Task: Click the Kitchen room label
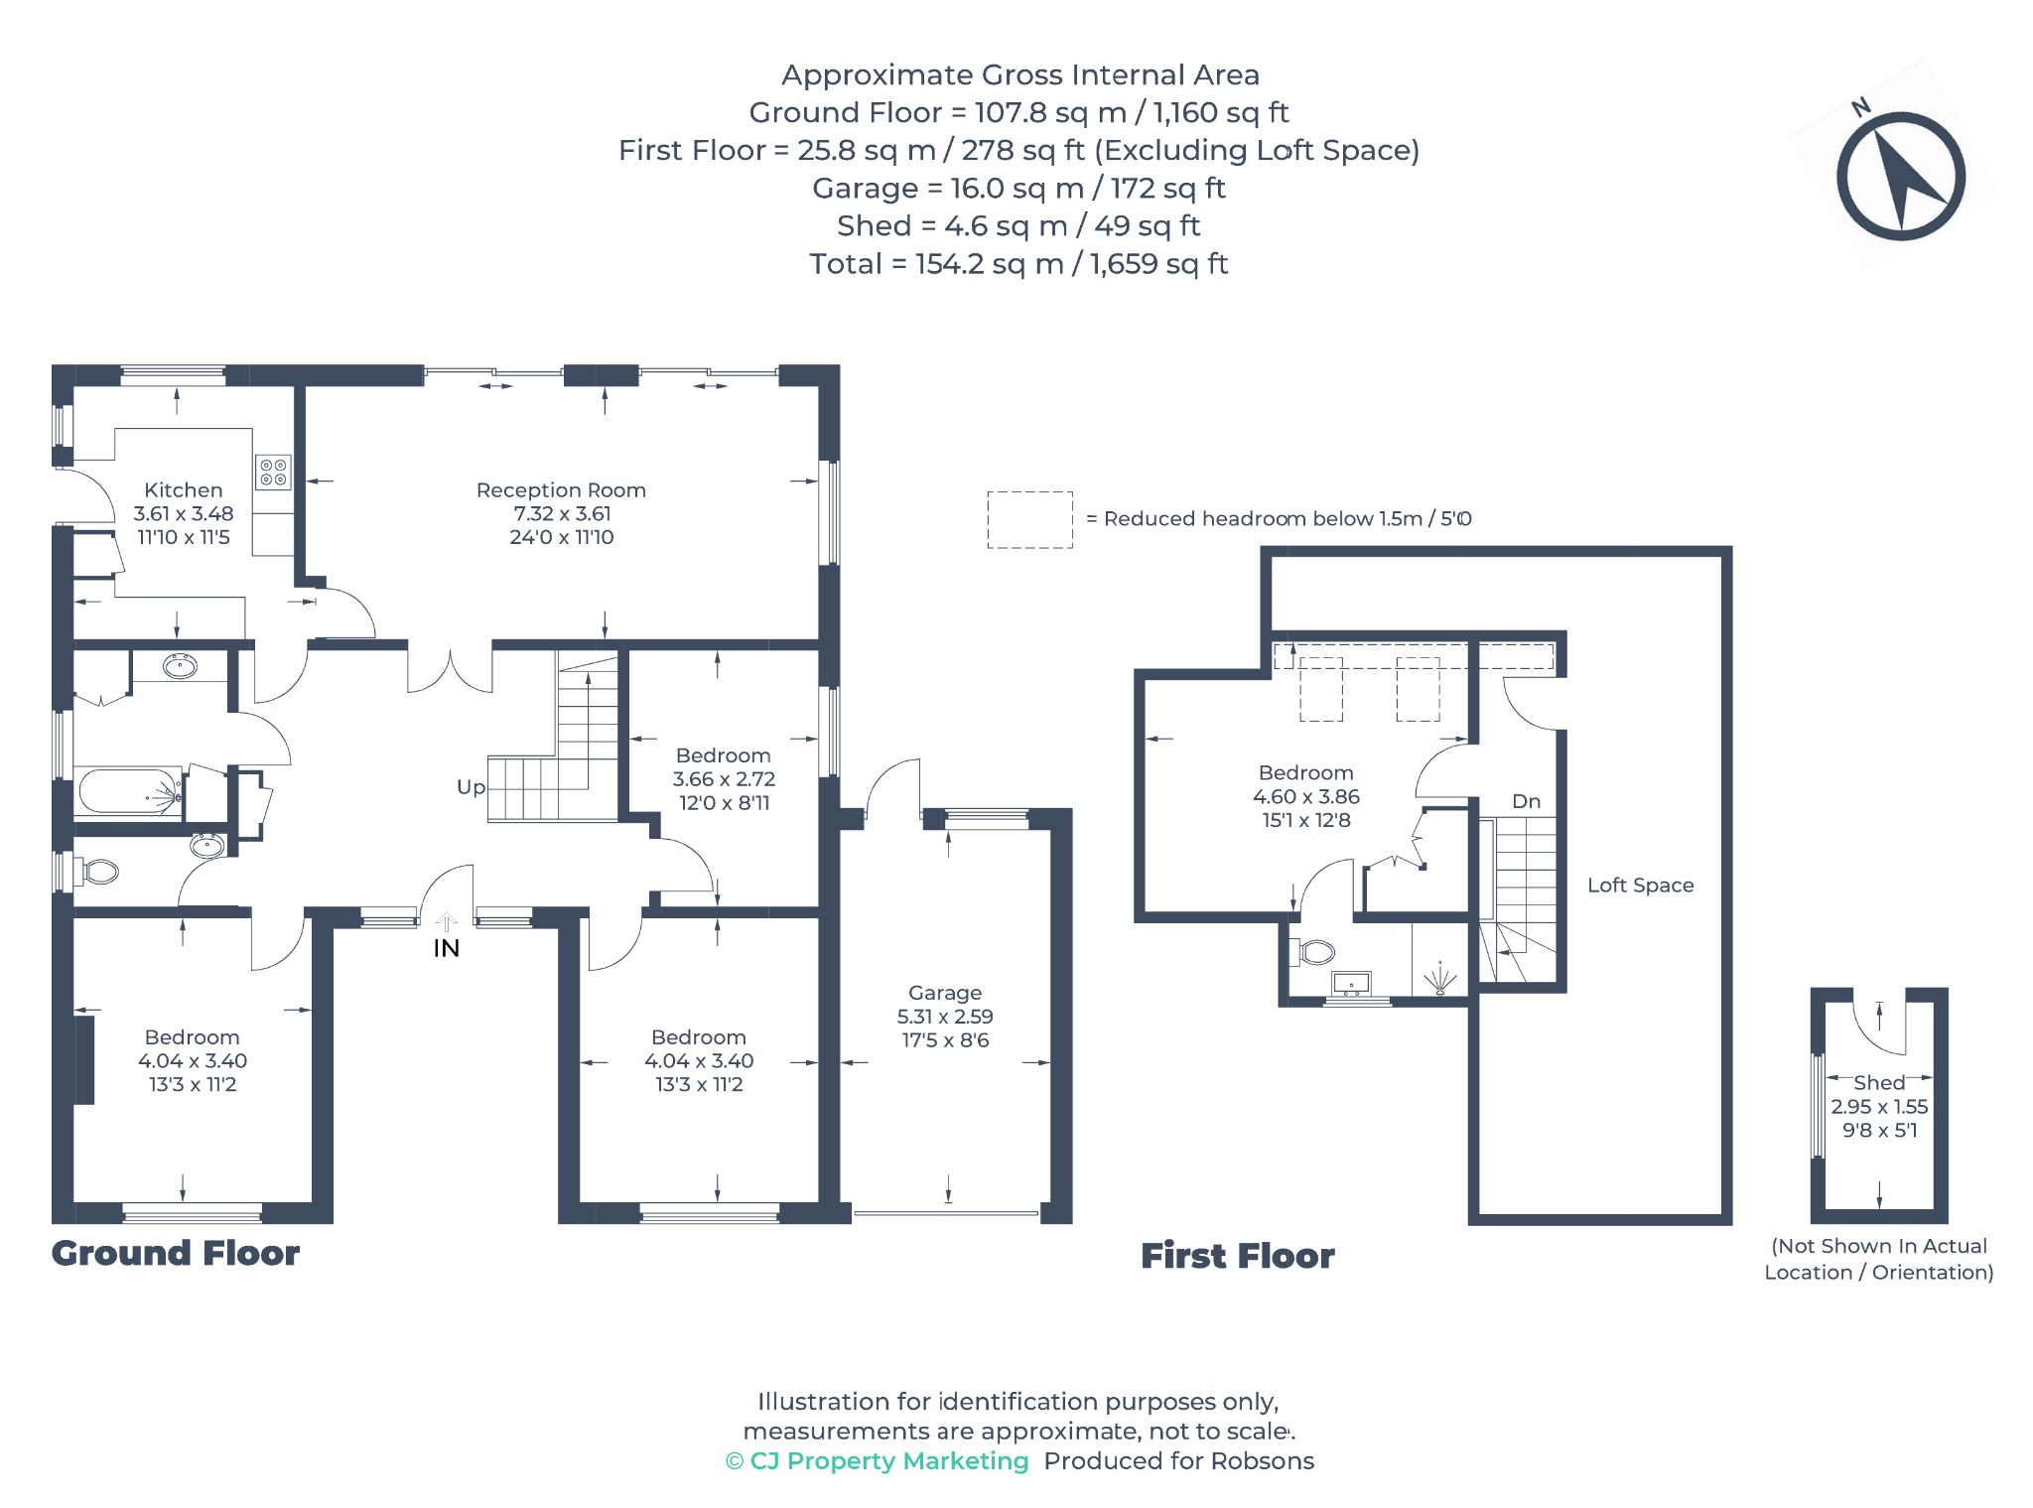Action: (184, 489)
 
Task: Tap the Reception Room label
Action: (561, 489)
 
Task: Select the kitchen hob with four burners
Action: (273, 473)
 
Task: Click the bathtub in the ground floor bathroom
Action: (130, 792)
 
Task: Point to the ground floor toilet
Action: (99, 873)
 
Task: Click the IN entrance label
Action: (446, 949)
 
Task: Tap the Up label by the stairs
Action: (471, 787)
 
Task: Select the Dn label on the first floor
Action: (1526, 801)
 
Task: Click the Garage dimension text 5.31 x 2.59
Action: (945, 1017)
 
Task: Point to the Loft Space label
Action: (1640, 885)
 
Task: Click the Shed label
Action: (1879, 1083)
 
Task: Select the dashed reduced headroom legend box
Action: (1029, 519)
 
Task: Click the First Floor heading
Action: (1238, 1256)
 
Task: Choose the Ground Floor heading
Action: (176, 1253)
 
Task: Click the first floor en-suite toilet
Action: (1312, 953)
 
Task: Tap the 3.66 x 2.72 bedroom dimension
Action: (724, 779)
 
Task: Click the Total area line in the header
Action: (1018, 264)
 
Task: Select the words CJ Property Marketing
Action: (889, 1461)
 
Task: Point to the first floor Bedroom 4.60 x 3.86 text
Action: (1306, 796)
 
